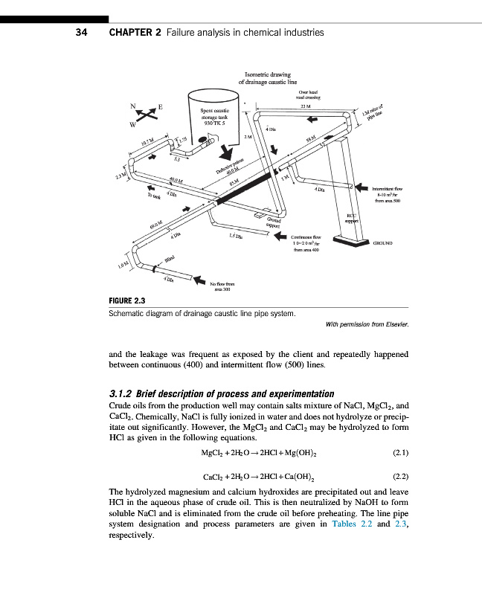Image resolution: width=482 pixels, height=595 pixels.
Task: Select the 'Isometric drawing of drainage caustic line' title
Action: click(267, 78)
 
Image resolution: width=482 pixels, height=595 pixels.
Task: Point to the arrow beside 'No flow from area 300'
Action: click(198, 280)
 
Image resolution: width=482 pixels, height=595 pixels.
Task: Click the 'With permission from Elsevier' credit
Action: click(367, 324)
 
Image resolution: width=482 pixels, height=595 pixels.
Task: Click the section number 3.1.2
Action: click(123, 393)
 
